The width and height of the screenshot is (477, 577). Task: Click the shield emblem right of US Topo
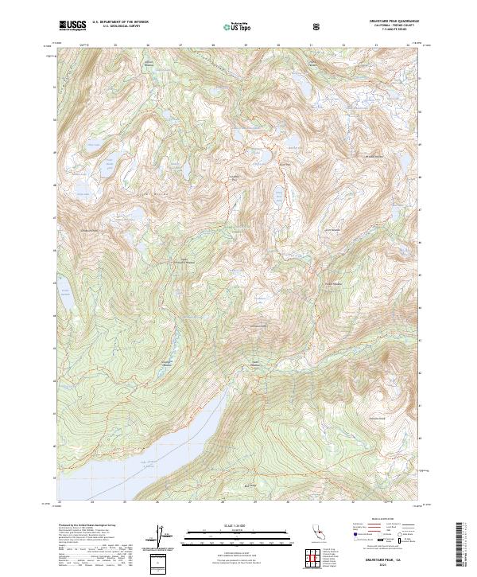[x=316, y=26]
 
